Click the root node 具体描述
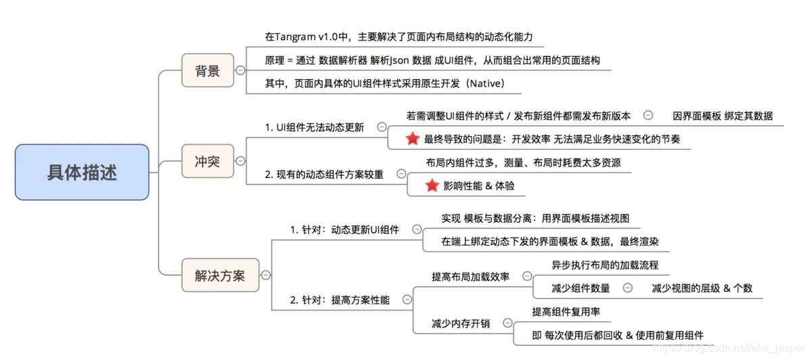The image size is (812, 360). pyautogui.click(x=82, y=172)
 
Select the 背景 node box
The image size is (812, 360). pyautogui.click(x=208, y=70)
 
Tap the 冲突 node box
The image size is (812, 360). pyautogui.click(x=207, y=161)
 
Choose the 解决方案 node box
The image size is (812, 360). pyautogui.click(x=220, y=275)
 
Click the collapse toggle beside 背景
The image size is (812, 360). pyautogui.click(x=240, y=70)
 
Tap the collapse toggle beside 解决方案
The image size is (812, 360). pyautogui.click(x=266, y=275)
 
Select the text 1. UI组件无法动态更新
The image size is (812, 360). pyautogui.click(x=315, y=127)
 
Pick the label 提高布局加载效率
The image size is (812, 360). pyautogui.click(x=471, y=277)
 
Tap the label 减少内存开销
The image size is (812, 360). pyautogui.click(x=461, y=323)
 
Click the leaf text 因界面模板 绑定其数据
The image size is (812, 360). pyautogui.click(x=723, y=116)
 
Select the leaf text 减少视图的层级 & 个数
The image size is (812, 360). pyautogui.click(x=702, y=288)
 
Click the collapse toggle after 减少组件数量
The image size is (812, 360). pyautogui.click(x=627, y=288)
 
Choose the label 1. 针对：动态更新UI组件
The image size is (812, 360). pyautogui.click(x=344, y=229)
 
